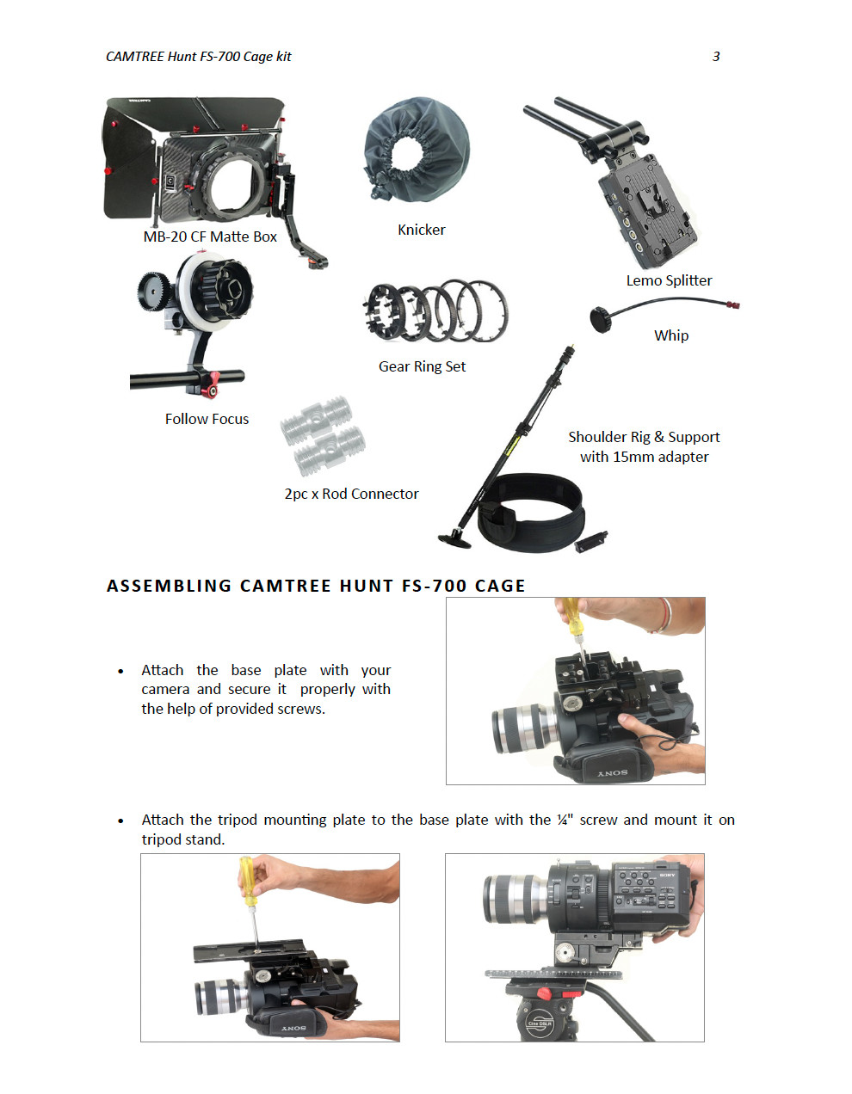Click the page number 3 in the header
point(716,57)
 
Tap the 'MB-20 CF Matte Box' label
point(210,237)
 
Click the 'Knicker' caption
point(421,230)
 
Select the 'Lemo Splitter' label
point(669,280)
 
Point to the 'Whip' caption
point(670,335)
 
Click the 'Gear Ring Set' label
point(422,366)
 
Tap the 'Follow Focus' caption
point(207,419)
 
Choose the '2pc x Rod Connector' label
point(351,494)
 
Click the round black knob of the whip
point(600,319)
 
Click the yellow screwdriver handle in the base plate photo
point(571,616)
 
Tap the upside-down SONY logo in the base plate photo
point(613,772)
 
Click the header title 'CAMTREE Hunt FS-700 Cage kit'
point(198,57)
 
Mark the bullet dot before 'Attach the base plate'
point(120,671)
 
